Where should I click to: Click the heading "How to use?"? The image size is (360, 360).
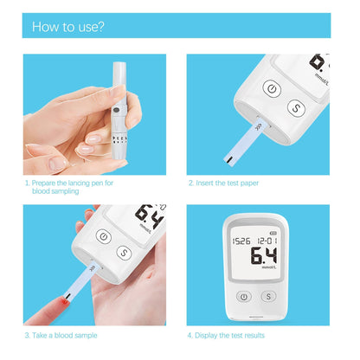tap(68, 26)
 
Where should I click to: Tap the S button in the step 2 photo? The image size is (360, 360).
tap(296, 109)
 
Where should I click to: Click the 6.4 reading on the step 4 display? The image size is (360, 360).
tap(263, 256)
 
